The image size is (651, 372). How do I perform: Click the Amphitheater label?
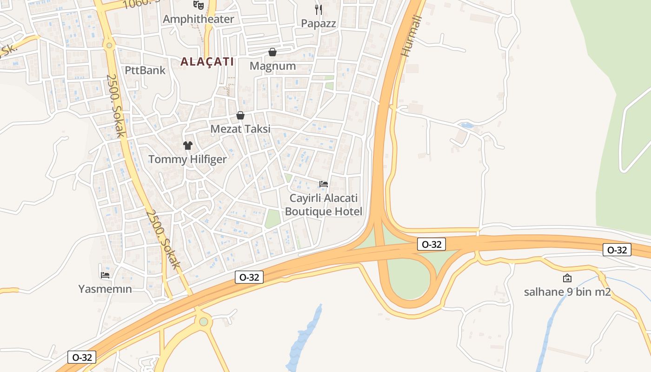point(198,19)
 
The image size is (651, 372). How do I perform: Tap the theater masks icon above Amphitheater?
point(199,5)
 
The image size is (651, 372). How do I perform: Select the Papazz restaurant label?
point(318,23)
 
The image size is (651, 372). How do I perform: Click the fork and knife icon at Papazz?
point(319,9)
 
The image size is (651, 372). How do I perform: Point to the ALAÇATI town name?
point(207,61)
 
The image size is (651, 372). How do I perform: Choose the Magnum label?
point(272,66)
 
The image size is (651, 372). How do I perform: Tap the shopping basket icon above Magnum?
point(272,52)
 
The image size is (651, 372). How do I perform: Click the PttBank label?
point(145,70)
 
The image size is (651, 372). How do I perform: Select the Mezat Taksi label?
point(240,129)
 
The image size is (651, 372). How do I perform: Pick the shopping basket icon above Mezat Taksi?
point(240,115)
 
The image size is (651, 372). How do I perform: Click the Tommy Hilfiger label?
point(187,159)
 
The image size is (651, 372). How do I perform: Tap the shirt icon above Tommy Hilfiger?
point(187,146)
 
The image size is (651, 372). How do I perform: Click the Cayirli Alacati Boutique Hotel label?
point(324,205)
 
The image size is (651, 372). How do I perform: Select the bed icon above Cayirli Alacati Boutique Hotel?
point(324,184)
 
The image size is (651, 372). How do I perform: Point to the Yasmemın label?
point(105,289)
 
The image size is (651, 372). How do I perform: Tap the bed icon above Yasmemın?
point(105,275)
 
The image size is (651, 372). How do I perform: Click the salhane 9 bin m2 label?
point(567,292)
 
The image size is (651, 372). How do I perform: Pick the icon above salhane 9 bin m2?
point(567,278)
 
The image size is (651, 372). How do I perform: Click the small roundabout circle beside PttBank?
point(109,45)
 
